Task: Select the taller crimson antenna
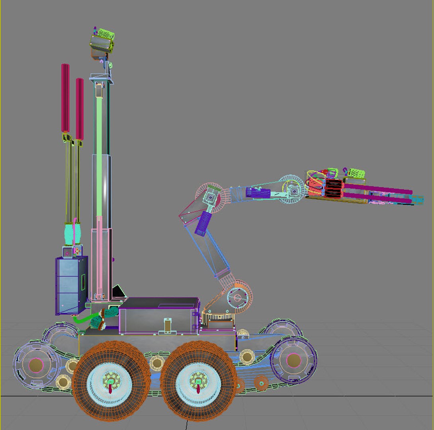point(65,98)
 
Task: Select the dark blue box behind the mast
point(70,285)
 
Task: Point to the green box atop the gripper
point(355,174)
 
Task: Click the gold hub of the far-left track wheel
point(36,364)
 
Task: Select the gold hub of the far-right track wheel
point(294,360)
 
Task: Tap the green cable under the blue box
point(82,320)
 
